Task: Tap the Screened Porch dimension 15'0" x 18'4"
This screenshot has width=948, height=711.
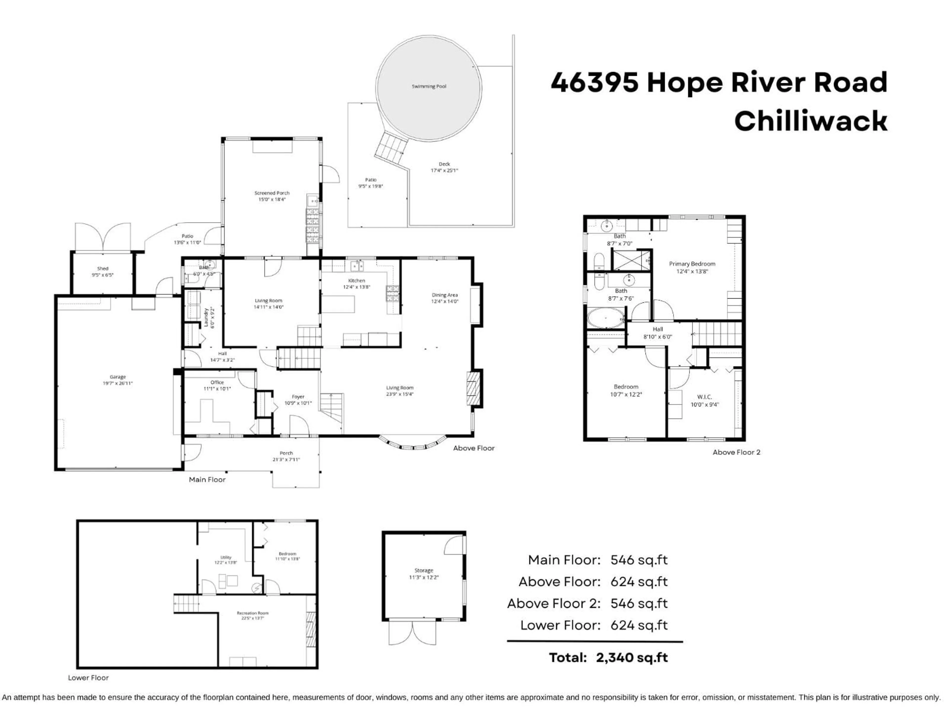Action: tap(272, 199)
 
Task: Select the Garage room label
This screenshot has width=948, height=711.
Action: tap(118, 377)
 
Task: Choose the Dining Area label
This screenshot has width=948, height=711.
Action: tap(444, 295)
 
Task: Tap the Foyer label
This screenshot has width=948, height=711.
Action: tap(298, 397)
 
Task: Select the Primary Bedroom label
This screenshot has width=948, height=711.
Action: tap(692, 264)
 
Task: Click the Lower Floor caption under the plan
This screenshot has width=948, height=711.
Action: tap(88, 678)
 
